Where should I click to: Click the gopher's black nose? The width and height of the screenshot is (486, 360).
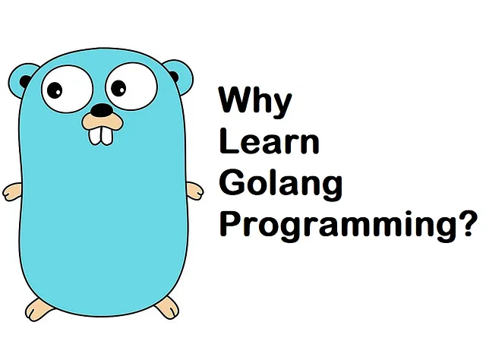[x=102, y=109]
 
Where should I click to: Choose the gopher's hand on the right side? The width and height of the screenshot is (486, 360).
[x=195, y=191]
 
